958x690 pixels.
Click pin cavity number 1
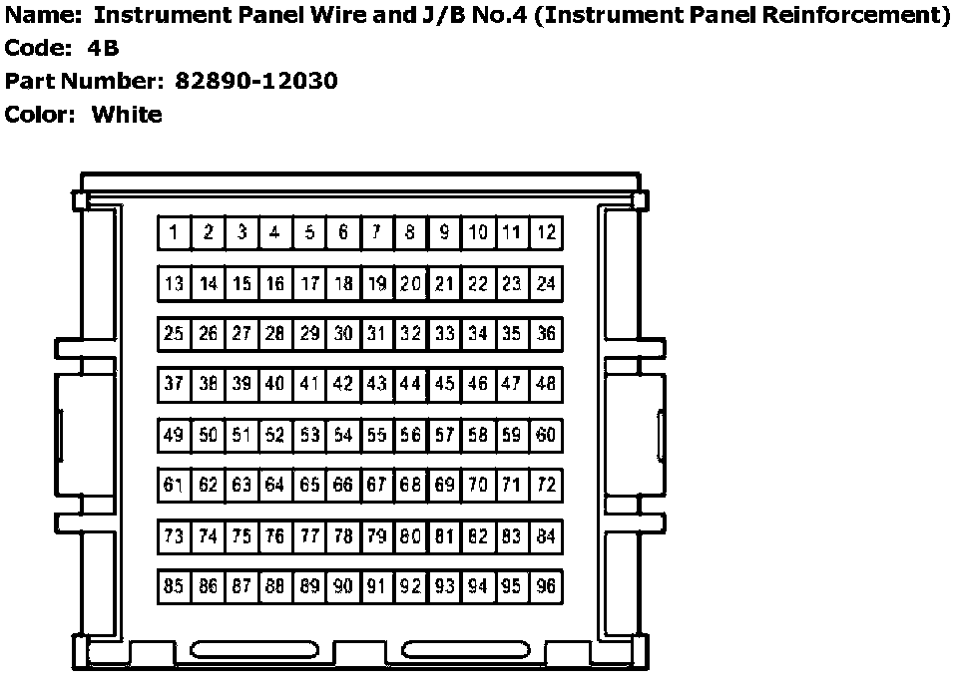(x=174, y=233)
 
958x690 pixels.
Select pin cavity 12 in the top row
(x=546, y=233)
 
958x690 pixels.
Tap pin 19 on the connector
(x=376, y=284)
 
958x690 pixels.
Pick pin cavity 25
(x=174, y=334)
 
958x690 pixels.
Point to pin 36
(x=546, y=334)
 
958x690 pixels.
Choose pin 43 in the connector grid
(x=376, y=384)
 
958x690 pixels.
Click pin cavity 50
(x=208, y=435)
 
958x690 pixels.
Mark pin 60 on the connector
(x=546, y=435)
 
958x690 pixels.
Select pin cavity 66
(x=342, y=486)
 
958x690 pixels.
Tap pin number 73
(x=174, y=536)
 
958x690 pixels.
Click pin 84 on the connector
(x=546, y=536)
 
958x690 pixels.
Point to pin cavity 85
(x=174, y=586)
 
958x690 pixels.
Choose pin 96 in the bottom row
(x=546, y=586)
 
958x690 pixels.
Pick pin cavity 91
(x=376, y=586)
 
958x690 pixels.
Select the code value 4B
(x=103, y=48)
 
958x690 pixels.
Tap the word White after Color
(x=127, y=114)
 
